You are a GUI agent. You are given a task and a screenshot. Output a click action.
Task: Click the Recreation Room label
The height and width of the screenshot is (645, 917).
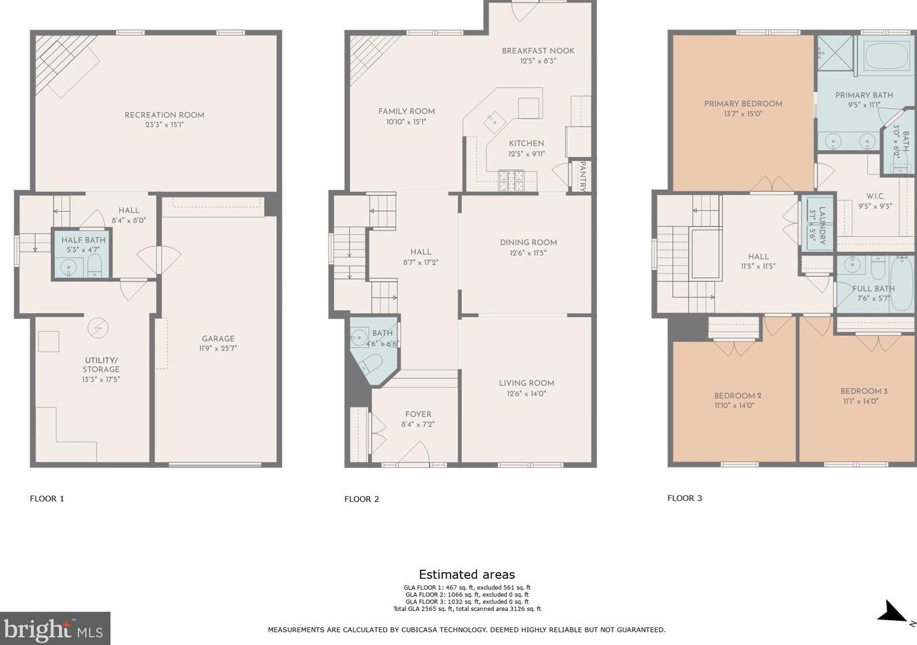pos(164,115)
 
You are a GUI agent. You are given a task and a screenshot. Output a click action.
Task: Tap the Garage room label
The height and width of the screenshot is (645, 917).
pos(218,338)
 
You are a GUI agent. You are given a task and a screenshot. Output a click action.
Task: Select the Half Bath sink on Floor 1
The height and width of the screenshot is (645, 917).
pos(68,268)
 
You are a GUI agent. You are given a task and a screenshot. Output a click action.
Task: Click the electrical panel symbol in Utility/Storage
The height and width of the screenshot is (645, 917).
pos(98,328)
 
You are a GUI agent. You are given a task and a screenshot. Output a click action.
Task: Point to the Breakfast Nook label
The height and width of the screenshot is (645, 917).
pos(538,51)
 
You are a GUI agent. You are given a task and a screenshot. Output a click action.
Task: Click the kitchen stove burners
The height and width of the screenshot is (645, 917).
pos(511,180)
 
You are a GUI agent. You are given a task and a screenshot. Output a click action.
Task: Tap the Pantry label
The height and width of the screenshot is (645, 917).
pos(582,176)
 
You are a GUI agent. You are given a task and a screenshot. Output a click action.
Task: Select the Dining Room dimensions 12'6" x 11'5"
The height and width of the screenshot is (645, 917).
pos(528,253)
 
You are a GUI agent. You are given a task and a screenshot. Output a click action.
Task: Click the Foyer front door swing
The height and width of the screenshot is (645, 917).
pos(414,452)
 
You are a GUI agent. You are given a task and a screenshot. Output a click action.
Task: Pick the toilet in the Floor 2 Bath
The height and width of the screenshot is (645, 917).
pos(373,364)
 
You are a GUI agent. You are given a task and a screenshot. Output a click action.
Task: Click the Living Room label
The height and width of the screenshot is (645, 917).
pos(527,383)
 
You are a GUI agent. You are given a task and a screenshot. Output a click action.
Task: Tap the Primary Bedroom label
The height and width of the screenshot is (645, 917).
pos(743,104)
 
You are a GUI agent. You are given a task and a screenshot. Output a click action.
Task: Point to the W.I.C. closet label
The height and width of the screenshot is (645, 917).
pos(875,196)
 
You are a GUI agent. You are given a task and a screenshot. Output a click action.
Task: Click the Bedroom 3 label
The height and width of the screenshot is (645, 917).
pos(864,391)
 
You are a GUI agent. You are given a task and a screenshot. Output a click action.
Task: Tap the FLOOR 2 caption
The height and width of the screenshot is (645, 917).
pos(362,499)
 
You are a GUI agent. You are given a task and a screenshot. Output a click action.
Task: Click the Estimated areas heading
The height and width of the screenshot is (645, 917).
pos(466,574)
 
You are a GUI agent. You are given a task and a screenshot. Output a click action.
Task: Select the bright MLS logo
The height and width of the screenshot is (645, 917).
pos(55,628)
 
